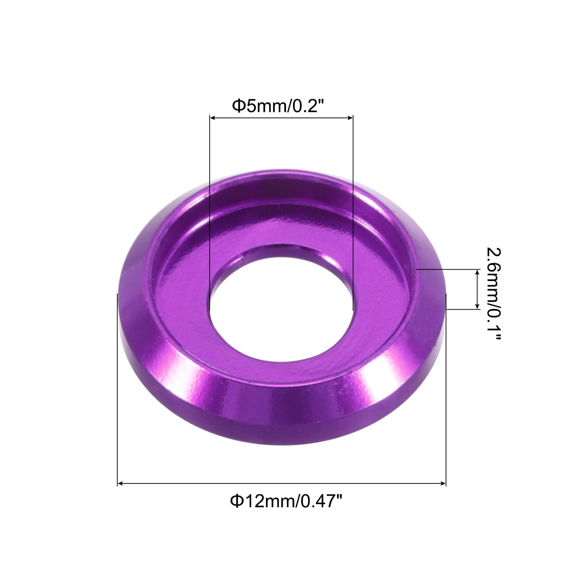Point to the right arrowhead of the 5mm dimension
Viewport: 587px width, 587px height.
click(349, 118)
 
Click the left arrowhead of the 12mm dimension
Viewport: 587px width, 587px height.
click(121, 484)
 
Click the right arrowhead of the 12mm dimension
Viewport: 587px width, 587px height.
click(442, 484)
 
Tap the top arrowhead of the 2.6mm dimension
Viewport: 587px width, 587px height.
click(477, 273)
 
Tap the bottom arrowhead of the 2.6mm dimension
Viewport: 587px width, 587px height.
click(477, 305)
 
